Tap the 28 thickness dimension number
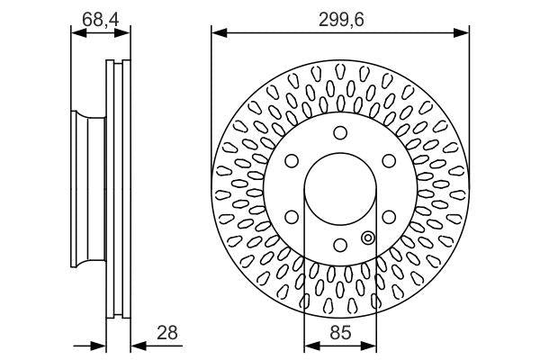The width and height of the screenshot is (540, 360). pos(166,332)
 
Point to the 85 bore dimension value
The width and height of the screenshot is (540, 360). pos(340,332)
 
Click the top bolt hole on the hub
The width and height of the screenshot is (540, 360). pos(339,134)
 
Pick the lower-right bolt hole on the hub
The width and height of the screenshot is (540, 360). pos(388,217)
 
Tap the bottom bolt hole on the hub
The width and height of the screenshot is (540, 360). pos(339,245)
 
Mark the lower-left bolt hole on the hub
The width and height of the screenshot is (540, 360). pos(292,217)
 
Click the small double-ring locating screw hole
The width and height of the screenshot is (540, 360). pos(367,238)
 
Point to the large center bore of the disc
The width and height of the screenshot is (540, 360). pos(339,190)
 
